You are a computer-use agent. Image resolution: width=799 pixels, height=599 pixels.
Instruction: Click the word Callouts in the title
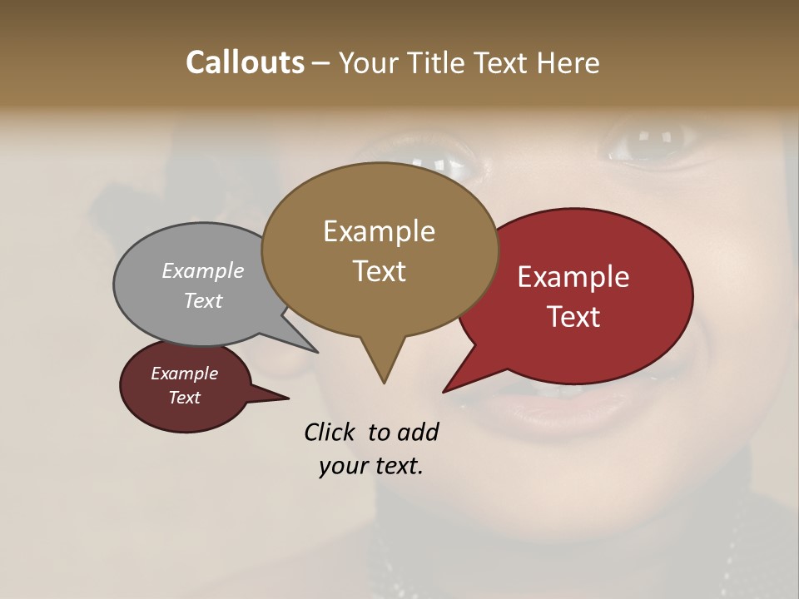[x=245, y=62]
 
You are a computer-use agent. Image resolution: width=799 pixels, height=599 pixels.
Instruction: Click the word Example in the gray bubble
[x=203, y=270]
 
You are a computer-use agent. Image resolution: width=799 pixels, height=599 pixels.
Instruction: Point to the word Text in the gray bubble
[x=203, y=300]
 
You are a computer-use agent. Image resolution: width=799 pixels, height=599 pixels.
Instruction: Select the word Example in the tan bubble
[x=379, y=231]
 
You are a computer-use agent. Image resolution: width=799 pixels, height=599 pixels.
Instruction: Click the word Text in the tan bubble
[x=379, y=271]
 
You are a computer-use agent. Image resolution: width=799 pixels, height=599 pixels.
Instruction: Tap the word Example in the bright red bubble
[x=573, y=277]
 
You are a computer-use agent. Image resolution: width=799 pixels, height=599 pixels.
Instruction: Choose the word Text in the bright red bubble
[x=573, y=317]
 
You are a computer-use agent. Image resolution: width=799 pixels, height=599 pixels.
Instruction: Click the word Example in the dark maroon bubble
[x=184, y=374]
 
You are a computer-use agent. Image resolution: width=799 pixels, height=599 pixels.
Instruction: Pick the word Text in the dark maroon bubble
[x=184, y=398]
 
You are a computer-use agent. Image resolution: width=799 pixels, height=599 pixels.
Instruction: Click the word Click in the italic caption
[x=330, y=432]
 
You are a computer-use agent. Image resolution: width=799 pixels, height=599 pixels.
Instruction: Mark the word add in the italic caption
[x=417, y=432]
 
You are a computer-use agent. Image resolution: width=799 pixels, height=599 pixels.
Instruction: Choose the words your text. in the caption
[x=371, y=466]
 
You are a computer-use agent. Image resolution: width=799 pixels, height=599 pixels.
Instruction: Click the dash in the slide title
[x=321, y=63]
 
